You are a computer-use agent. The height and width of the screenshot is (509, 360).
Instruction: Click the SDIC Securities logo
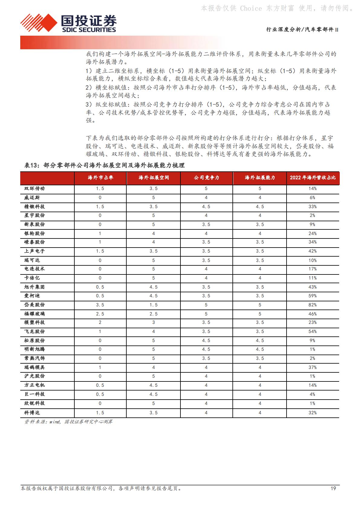(69, 23)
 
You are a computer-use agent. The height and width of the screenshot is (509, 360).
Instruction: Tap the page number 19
(333, 488)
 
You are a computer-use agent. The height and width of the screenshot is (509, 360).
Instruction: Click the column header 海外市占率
(100, 178)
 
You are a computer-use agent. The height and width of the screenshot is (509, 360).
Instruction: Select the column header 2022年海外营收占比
(313, 178)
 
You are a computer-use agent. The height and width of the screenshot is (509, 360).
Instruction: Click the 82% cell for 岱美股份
(313, 305)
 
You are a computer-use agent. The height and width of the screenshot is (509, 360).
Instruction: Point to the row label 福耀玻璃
(34, 314)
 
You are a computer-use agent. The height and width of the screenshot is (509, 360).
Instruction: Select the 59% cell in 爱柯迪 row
(313, 296)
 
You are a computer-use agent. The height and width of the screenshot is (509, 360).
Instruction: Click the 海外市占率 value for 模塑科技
(100, 323)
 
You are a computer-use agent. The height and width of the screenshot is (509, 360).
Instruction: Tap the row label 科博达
(32, 413)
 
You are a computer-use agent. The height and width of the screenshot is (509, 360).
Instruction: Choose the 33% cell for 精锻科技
(313, 207)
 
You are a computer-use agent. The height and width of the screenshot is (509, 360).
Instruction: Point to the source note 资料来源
(68, 422)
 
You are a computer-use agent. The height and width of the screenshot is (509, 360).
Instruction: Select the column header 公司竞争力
(206, 178)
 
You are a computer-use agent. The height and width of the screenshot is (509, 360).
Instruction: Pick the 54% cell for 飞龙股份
(313, 332)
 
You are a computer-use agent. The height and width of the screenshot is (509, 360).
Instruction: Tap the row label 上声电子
(34, 251)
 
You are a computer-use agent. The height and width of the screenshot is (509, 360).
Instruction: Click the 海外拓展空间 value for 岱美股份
(153, 305)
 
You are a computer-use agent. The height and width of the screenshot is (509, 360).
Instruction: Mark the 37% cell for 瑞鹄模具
(313, 367)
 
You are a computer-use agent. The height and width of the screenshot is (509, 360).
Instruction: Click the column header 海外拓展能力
(260, 178)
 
